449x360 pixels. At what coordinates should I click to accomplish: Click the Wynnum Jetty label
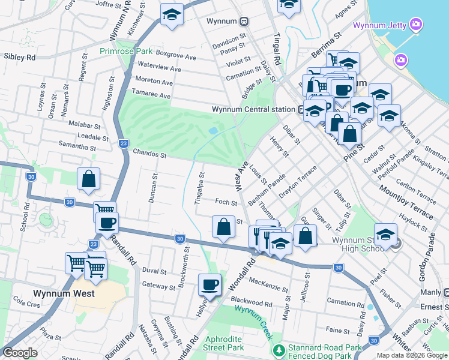380,25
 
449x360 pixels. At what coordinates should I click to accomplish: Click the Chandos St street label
149,154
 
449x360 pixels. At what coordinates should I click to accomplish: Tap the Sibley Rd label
20,58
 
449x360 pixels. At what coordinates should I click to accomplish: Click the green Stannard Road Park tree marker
278,349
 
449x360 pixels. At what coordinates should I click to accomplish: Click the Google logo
20,353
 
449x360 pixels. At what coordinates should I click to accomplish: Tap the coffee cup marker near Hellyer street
209,284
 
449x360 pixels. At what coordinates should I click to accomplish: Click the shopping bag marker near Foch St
223,226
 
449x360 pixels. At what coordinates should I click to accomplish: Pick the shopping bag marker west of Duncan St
88,179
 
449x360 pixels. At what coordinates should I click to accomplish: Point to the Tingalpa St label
199,189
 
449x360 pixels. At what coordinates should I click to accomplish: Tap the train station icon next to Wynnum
244,21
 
